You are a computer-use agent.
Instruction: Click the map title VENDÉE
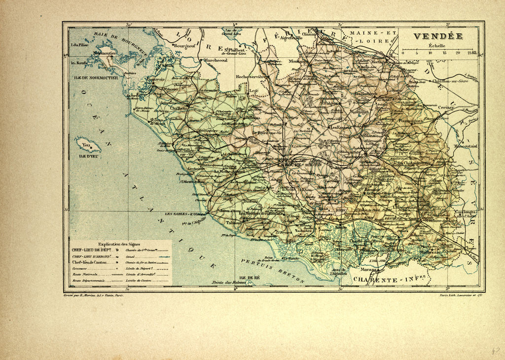(x=437, y=36)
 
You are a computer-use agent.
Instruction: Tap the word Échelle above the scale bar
(x=436, y=45)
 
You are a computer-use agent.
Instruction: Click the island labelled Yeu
(x=88, y=145)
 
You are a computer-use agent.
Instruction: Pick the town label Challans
(x=179, y=108)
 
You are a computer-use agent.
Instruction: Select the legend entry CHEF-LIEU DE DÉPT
(x=92, y=250)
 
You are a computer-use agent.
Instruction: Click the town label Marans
(x=368, y=270)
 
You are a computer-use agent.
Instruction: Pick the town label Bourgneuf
(x=184, y=45)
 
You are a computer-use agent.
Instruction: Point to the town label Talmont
(x=234, y=222)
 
